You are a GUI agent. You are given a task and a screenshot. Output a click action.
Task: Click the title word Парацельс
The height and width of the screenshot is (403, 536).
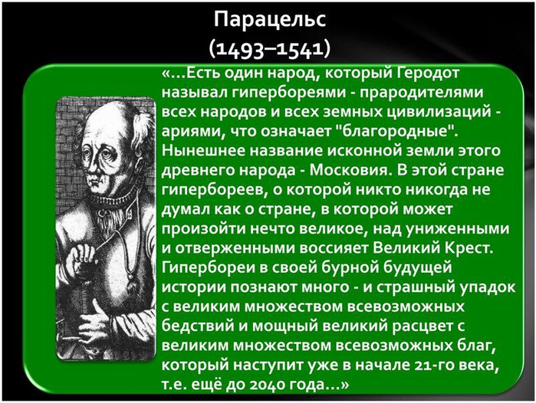270,20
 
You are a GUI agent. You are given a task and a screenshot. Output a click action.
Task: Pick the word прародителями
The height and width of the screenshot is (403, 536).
421,93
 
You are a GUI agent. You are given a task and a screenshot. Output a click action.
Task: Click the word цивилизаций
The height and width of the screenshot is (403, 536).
439,112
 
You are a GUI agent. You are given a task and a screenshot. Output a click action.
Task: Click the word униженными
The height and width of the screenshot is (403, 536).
458,228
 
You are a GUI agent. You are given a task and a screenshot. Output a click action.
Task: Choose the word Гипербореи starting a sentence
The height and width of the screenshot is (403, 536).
209,267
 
